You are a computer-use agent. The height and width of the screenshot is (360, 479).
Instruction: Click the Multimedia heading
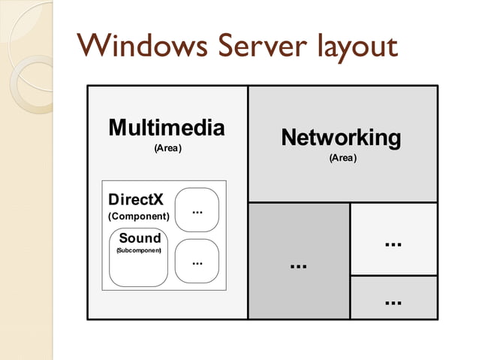pyautogui.click(x=167, y=128)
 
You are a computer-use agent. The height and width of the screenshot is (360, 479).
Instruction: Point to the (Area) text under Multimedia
pyautogui.click(x=168, y=148)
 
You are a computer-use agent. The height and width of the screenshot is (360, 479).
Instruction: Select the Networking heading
pyautogui.click(x=342, y=138)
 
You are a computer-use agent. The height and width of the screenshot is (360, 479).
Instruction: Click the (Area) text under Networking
pyautogui.click(x=342, y=159)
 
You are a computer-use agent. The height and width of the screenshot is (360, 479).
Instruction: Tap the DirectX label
pyautogui.click(x=136, y=201)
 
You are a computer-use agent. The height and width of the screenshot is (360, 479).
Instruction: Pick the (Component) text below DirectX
pyautogui.click(x=139, y=216)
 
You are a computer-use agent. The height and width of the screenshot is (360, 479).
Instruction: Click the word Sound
pyautogui.click(x=140, y=238)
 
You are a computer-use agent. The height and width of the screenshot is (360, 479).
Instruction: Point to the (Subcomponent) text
pyautogui.click(x=139, y=250)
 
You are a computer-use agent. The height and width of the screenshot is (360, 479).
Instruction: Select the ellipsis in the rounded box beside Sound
pyautogui.click(x=197, y=263)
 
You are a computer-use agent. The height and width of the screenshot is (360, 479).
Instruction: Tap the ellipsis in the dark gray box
pyautogui.click(x=299, y=266)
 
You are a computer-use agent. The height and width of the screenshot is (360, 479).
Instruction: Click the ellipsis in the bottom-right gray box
pyautogui.click(x=393, y=302)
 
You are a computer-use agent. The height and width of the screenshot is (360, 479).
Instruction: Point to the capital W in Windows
pyautogui.click(x=94, y=47)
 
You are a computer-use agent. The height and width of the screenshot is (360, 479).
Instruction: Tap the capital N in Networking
pyautogui.click(x=290, y=138)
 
